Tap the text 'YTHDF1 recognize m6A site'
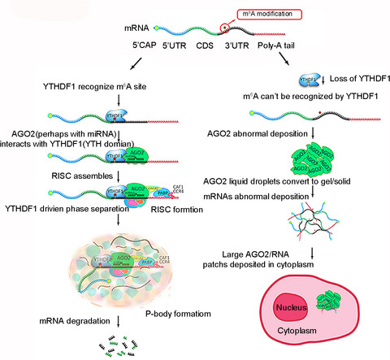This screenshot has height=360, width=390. pos(80,87)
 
